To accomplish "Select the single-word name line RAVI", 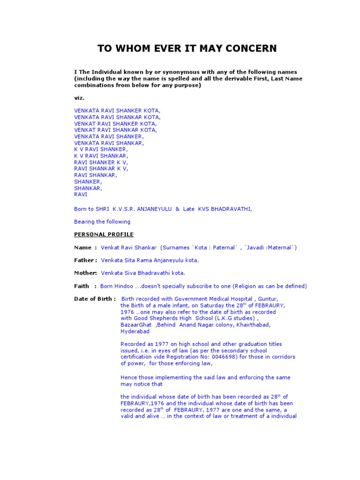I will (x=81, y=194).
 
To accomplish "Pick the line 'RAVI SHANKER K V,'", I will (x=101, y=162).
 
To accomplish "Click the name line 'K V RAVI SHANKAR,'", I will (x=101, y=155).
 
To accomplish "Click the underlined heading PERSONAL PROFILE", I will (x=104, y=234).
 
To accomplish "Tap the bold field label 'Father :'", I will (x=86, y=260).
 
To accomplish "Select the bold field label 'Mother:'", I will (x=86, y=273).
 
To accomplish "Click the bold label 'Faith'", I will (x=82, y=286).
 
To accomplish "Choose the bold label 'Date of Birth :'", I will (x=95, y=299).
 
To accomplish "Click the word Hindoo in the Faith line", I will (x=122, y=286).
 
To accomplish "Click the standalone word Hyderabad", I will (x=135, y=331).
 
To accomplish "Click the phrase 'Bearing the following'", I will (x=102, y=222).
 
